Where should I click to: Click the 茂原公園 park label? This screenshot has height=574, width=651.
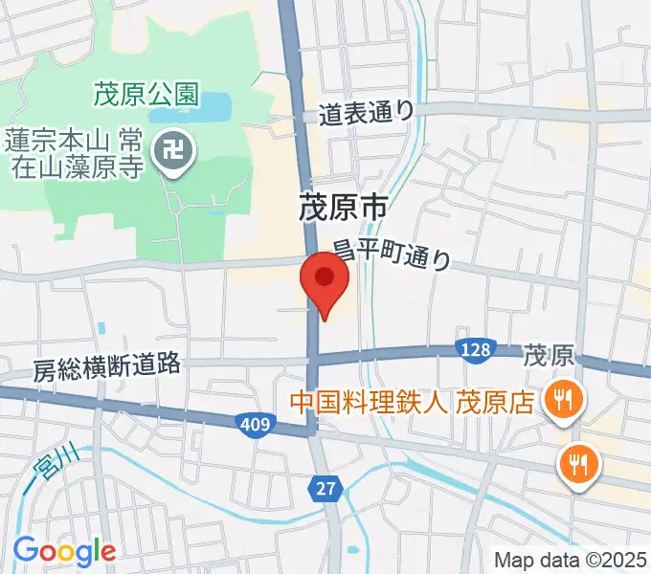click(x=146, y=94)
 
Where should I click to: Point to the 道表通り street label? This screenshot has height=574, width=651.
click(x=368, y=112)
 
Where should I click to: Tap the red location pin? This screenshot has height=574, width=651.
click(x=325, y=279)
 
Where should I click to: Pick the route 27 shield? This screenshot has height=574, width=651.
click(x=326, y=489)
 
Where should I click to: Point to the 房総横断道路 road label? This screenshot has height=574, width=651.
click(x=106, y=366)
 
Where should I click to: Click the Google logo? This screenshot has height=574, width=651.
click(x=64, y=550)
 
